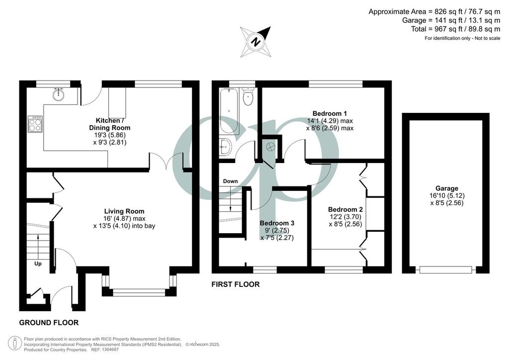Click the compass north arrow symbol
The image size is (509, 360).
pyautogui.click(x=256, y=42)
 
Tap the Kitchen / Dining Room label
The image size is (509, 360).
pyautogui.click(x=110, y=124)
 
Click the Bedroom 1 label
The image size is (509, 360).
pyautogui.click(x=330, y=113)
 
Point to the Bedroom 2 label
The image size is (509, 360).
pyautogui.click(x=345, y=209)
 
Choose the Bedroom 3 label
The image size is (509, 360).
pyautogui.click(x=277, y=223)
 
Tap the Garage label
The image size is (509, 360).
pyautogui.click(x=447, y=188)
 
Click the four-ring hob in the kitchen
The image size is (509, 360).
pyautogui.click(x=35, y=124)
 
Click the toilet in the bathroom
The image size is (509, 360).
pyautogui.click(x=249, y=96)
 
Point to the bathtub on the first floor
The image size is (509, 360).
pyautogui.click(x=229, y=111)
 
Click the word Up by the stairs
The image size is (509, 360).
pyautogui.click(x=38, y=264)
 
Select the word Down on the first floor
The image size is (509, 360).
pyautogui.click(x=230, y=181)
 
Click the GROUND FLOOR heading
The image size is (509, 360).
pyautogui.click(x=49, y=323)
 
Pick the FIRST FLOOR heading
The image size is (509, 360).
pyautogui.click(x=236, y=284)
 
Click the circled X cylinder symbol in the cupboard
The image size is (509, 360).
pyautogui.click(x=270, y=147)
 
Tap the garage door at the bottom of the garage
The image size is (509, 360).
pyautogui.click(x=445, y=270)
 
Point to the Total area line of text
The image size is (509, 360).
pyautogui.click(x=456, y=29)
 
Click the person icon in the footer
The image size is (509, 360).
pyautogui.click(x=15, y=344)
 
